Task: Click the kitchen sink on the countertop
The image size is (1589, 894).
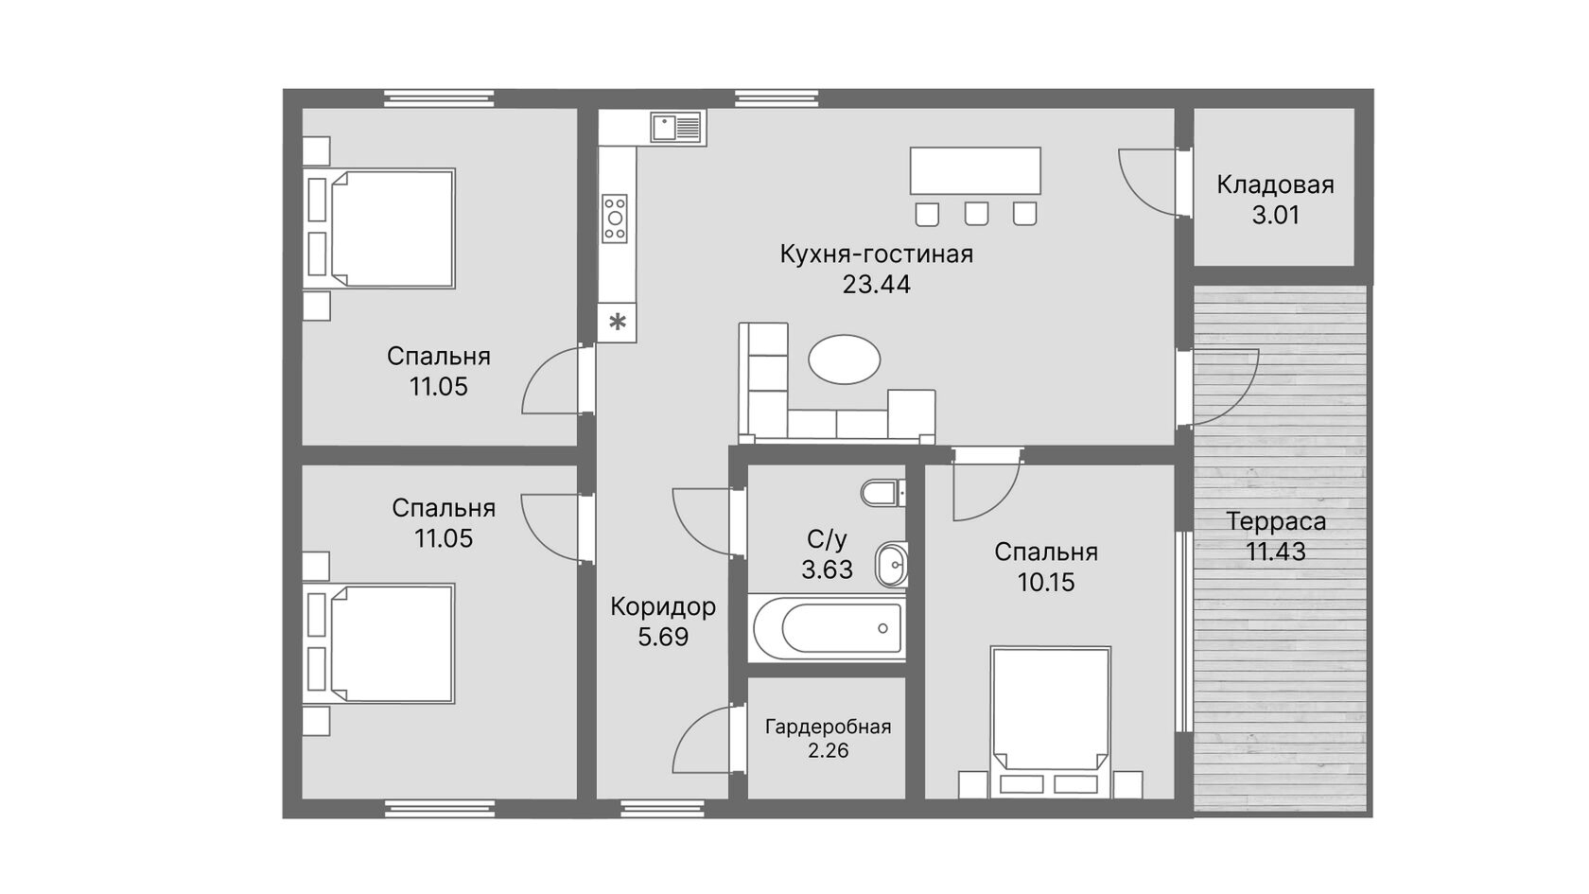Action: click(677, 128)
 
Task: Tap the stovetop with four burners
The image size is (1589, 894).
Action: click(615, 219)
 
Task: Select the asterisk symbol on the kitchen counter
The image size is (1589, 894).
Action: click(618, 322)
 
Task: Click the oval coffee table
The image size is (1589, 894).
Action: click(844, 359)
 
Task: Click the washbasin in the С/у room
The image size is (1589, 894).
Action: click(892, 565)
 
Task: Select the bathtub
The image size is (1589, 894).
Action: click(827, 628)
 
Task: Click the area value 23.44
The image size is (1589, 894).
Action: click(876, 285)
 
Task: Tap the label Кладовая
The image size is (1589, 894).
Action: click(1275, 185)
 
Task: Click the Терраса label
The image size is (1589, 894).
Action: click(1276, 521)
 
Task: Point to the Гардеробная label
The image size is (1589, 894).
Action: click(828, 727)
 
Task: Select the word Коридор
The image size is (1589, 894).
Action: click(663, 606)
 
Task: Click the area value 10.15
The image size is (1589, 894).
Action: click(1046, 583)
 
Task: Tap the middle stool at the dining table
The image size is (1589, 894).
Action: click(976, 214)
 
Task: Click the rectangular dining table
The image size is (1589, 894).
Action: click(975, 170)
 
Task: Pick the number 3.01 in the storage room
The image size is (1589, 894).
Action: click(1275, 215)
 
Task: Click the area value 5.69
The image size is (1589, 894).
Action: click(663, 638)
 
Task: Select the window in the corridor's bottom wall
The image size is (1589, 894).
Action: click(662, 808)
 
